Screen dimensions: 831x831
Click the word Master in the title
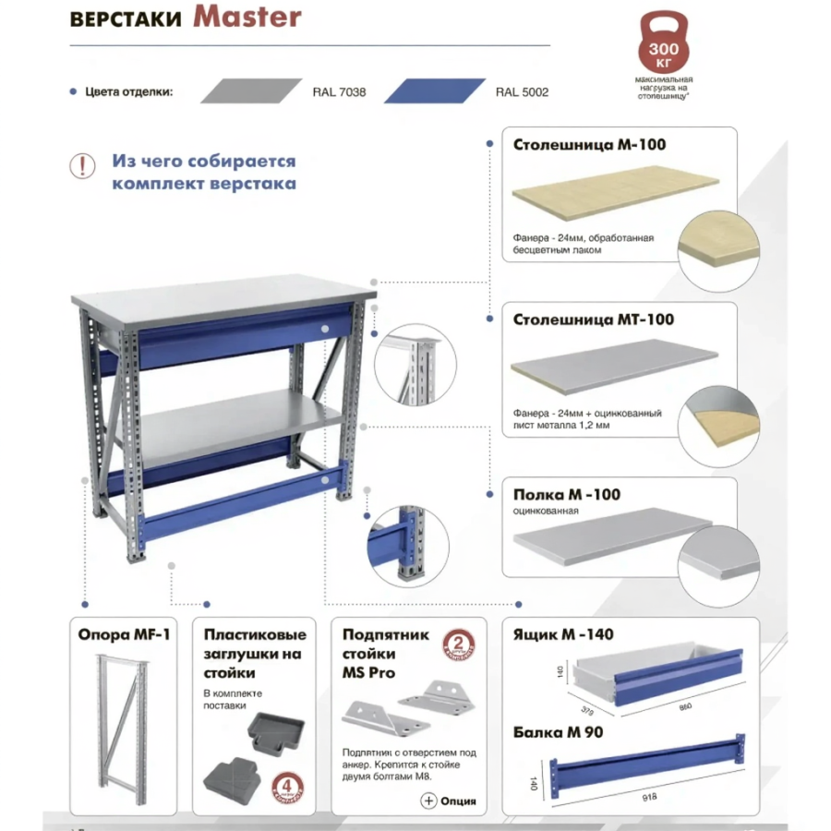pos(247,18)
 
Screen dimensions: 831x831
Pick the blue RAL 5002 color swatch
pos(434,90)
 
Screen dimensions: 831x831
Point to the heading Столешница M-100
pos(589,145)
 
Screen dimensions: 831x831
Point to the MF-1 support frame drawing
pos(123,725)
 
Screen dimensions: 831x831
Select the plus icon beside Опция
pos(428,801)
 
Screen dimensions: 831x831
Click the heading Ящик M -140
pos(563,634)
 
